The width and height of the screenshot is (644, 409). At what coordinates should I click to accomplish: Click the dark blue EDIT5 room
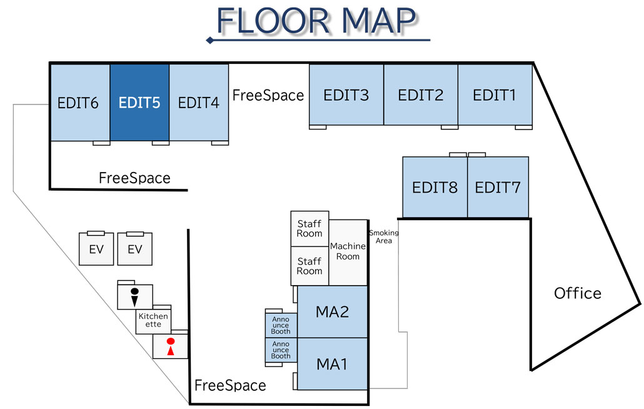pos(139,102)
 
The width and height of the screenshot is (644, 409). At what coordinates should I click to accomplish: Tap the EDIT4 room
pos(199,102)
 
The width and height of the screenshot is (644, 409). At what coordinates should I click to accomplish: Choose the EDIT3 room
pos(346,95)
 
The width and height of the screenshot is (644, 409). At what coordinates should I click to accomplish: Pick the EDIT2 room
pos(421,95)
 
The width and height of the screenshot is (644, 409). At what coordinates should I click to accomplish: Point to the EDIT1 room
pos(495,95)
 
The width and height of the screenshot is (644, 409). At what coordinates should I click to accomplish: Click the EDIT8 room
pos(435,187)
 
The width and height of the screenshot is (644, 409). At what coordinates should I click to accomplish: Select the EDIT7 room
pos(498,187)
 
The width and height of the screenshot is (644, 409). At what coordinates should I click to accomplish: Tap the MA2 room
pos(332,311)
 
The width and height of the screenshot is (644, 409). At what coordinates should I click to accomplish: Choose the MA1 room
pos(332,363)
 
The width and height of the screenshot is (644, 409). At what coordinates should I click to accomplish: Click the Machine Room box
pos(348,251)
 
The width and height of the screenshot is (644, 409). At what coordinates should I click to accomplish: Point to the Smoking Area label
pos(383,236)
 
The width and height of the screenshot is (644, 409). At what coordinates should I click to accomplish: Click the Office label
pos(578,293)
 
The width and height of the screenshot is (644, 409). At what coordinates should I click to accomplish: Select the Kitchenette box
pos(153,320)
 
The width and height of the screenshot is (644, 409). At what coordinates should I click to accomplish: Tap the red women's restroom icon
pos(169,346)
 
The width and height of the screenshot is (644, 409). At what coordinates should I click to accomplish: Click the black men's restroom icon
pos(134,296)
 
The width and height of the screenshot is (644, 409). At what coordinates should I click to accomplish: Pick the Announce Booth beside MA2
pos(281,325)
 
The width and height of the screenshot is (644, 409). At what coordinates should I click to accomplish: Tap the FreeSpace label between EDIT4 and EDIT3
pos(268,95)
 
